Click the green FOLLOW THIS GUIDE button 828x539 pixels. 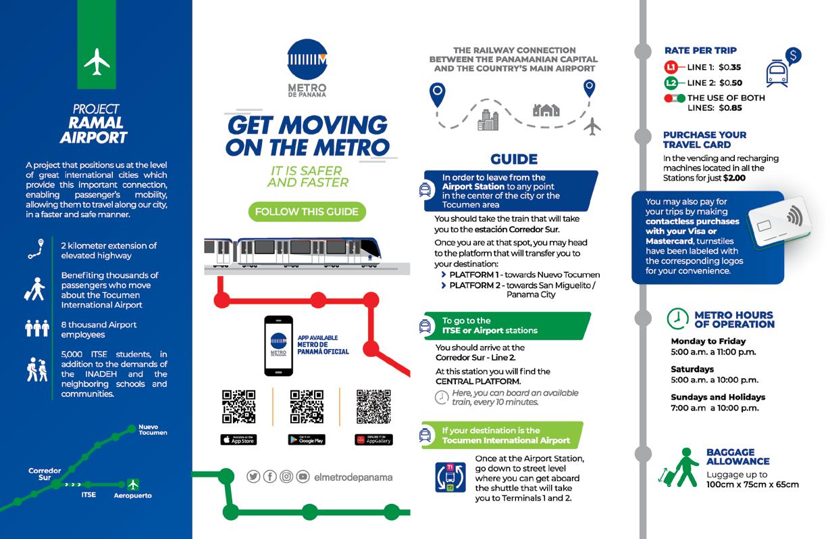pos(307,212)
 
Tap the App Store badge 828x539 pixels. pos(238,440)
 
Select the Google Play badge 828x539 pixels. pos(307,440)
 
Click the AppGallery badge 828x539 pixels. pos(374,440)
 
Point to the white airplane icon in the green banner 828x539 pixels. pos(97,62)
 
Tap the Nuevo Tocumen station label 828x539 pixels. pos(152,429)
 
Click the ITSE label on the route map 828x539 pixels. pos(88,495)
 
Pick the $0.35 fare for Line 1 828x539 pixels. pos(730,67)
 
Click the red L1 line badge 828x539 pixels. pos(671,67)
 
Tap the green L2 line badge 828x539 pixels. pos(671,83)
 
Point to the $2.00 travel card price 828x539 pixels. pos(735,178)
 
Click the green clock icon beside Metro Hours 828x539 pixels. pos(677,319)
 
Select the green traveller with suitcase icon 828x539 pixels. pos(678,467)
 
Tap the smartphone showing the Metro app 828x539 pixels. pos(278,346)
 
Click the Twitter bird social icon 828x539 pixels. pos(253,477)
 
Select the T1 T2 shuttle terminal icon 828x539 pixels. pos(450,476)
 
